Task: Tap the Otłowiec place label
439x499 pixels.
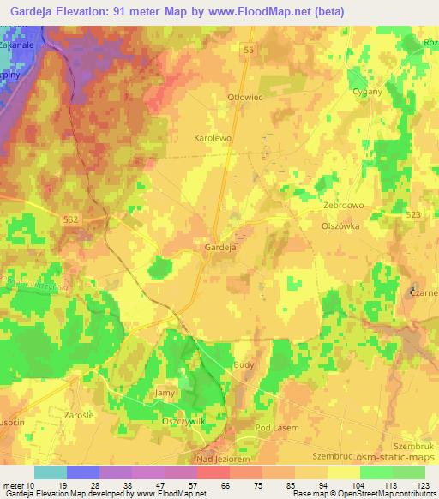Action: point(243,97)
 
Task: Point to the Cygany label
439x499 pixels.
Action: point(367,91)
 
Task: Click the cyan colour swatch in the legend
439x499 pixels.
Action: point(51,472)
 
